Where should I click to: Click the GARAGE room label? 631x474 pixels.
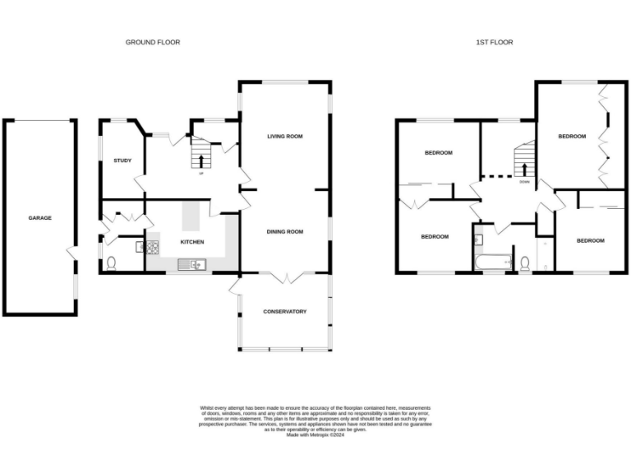coord(40,218)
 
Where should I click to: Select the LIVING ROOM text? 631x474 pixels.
coord(285,136)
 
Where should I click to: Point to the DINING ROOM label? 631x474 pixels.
coord(285,232)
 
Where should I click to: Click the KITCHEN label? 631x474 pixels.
coord(192,241)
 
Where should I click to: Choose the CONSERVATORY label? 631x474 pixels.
coord(285,311)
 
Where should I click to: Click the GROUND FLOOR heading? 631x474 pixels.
coord(153,42)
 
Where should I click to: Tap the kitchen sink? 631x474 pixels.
coord(196,264)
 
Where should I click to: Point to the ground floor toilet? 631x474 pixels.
coord(111,263)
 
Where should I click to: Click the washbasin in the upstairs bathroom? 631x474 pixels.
coord(478,240)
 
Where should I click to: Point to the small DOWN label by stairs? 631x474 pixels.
coord(524,181)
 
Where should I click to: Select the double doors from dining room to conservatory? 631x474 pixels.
coord(284,276)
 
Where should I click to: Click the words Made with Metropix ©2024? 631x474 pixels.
coord(315,434)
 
